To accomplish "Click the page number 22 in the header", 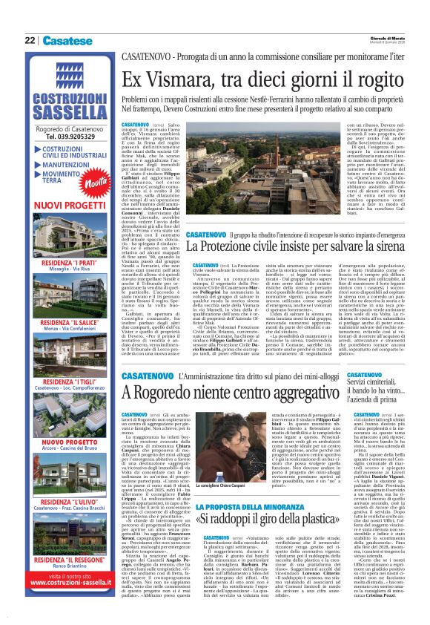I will click(x=30, y=40).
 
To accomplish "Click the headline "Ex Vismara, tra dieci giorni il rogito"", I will click(x=264, y=80).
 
